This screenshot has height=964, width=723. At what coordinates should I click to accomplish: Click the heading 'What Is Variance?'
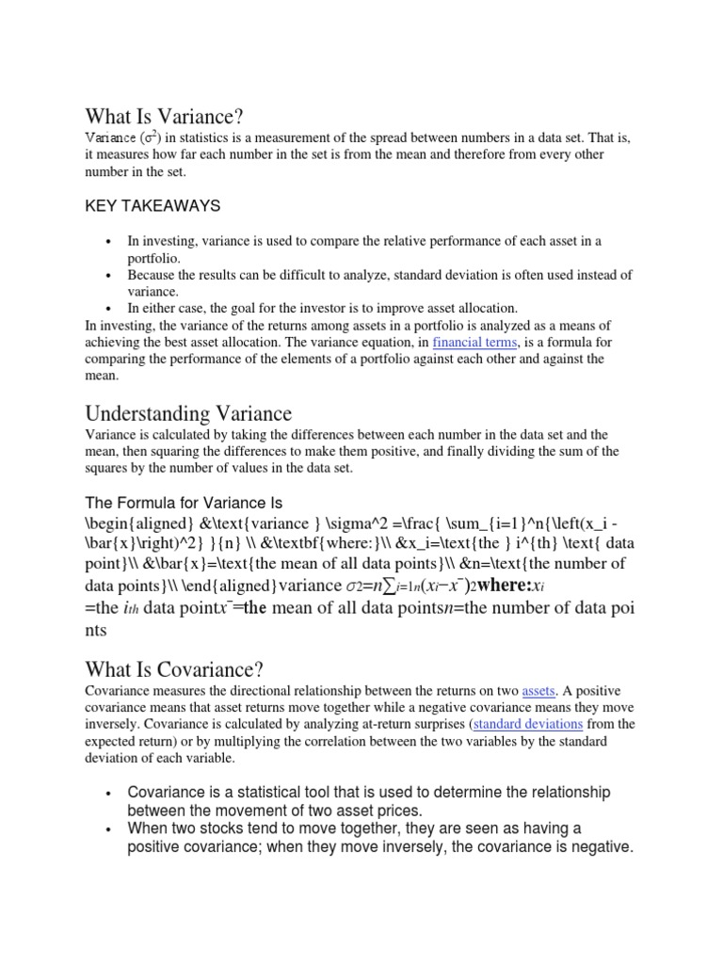[164, 116]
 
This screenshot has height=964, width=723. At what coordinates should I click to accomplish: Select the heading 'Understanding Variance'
[188, 413]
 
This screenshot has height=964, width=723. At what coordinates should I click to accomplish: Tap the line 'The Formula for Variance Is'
[184, 502]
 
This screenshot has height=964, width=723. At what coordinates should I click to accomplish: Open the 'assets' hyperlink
[538, 690]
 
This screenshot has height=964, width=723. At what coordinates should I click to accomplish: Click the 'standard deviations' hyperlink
[528, 724]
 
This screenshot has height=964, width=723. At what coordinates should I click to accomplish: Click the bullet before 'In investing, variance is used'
[110, 242]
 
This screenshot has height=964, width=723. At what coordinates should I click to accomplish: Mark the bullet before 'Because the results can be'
[110, 276]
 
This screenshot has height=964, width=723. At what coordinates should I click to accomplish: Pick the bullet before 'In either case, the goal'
[110, 309]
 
